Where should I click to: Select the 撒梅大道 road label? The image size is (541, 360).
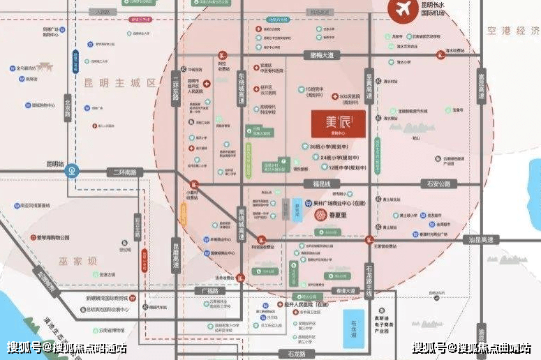(323, 54)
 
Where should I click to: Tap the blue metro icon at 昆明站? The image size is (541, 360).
(73, 171)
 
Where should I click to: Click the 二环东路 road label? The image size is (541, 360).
(176, 89)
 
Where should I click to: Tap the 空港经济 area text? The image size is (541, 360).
(513, 31)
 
